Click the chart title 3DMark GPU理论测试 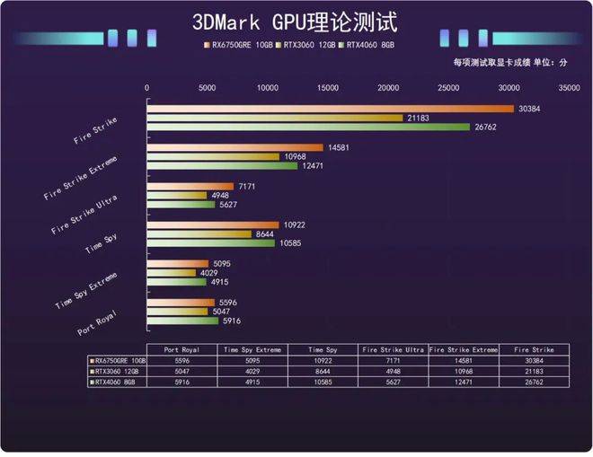click(296, 22)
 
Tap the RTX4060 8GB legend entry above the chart click(367, 44)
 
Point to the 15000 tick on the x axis click(328, 88)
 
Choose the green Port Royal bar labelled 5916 click(182, 321)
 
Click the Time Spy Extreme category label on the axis click(85, 286)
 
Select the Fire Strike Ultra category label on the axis click(82, 211)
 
